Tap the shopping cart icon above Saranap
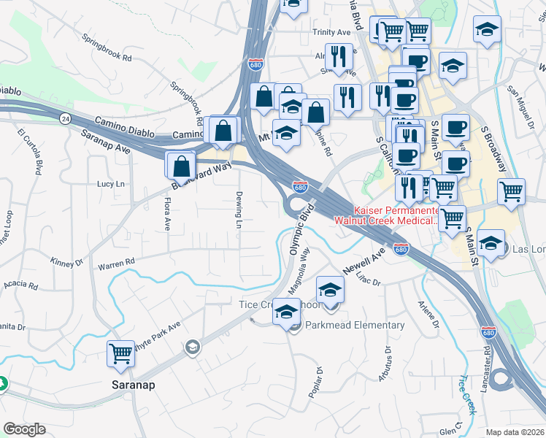tap(121, 354)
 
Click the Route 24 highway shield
tap(65, 118)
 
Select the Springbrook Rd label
tap(107, 47)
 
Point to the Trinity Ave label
tap(332, 33)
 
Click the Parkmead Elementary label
tap(355, 325)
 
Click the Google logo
tap(24, 429)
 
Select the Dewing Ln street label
tap(239, 210)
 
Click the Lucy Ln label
tap(111, 185)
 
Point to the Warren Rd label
tap(117, 262)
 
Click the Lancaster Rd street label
tap(487, 356)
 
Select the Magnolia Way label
tap(300, 270)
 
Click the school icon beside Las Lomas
tap(491, 242)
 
